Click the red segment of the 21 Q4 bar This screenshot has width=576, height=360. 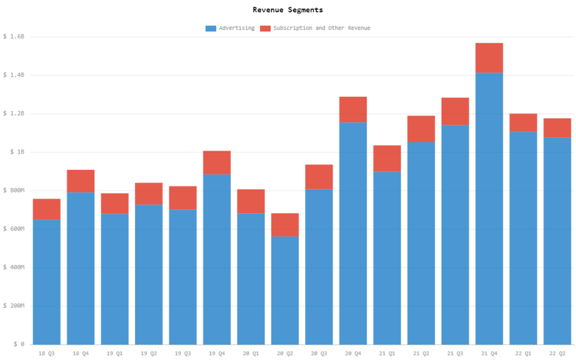489,57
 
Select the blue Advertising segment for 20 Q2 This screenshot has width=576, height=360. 285,290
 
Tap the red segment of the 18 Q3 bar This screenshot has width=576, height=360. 47,209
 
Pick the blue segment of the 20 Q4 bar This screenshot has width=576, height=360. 353,233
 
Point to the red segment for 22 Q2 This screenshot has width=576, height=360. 557,128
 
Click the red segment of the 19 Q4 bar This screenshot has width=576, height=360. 217,162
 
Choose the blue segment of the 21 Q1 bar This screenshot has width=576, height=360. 387,258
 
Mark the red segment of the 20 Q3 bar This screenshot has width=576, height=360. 319,177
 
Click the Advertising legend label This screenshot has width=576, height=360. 236,28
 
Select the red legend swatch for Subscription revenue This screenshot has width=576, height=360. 265,28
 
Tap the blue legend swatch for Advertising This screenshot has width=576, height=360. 211,28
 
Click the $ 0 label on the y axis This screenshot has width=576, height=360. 13,344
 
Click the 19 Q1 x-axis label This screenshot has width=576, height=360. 115,353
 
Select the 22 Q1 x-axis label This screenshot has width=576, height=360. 523,353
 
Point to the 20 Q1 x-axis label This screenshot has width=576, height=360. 251,353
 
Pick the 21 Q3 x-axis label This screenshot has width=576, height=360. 455,353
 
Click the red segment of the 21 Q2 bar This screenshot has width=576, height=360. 421,128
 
